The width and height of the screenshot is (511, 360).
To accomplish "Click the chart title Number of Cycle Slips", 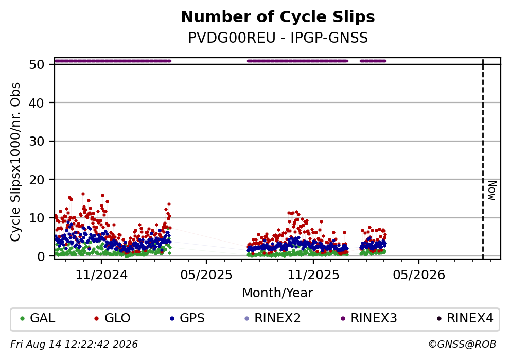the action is [278, 17].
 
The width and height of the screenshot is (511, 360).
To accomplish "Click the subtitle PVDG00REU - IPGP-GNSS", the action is [278, 38].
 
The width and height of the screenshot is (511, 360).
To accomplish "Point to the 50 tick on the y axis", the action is [37, 64].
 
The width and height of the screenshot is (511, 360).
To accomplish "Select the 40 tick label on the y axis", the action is [37, 103].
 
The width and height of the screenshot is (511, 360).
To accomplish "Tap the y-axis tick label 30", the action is [37, 141].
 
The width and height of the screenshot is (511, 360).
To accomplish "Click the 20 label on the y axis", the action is [37, 180].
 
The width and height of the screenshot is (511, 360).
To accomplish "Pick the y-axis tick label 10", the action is [37, 218].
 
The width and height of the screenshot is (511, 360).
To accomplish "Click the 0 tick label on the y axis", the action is [41, 256].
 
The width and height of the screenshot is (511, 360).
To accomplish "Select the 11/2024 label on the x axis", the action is [101, 275].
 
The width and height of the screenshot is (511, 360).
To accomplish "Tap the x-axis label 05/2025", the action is [206, 275].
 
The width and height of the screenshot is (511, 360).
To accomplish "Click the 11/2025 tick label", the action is [313, 275].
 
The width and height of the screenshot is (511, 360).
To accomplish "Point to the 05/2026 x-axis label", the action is [419, 275].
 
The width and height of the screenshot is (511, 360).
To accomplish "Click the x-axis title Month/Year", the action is [278, 293].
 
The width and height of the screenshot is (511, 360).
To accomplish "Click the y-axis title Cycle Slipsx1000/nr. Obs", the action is [15, 162].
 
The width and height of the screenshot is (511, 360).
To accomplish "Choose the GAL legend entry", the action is [38, 318].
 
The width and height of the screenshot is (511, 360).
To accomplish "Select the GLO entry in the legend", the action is [112, 318].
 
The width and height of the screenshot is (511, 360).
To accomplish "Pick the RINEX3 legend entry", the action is [368, 318].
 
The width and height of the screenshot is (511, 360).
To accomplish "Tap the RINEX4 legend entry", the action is [465, 318].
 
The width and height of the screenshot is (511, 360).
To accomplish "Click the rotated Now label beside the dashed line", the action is [492, 191].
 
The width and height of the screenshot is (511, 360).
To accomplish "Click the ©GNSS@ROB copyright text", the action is [462, 345].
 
